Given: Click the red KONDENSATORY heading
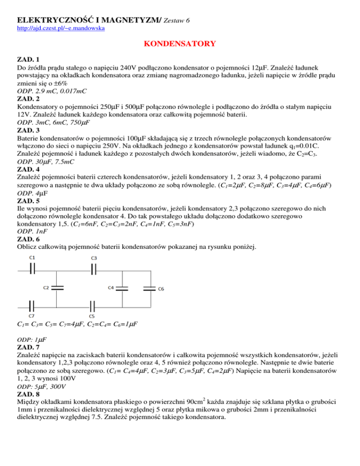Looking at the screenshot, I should point(180,45).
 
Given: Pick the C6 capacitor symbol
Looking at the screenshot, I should point(149,288).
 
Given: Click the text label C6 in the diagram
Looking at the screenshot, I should point(160,288).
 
